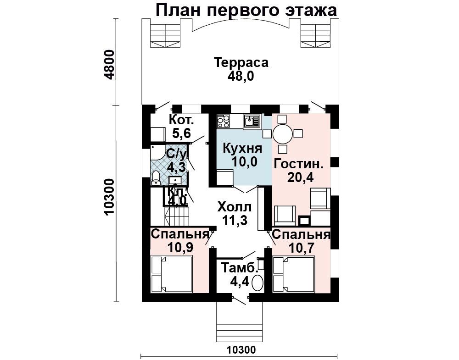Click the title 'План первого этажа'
pyautogui.click(x=246, y=11)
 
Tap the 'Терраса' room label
pyautogui.click(x=241, y=62)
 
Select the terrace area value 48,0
pyautogui.click(x=241, y=76)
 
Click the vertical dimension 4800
pyautogui.click(x=109, y=65)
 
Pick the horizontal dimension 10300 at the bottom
pyautogui.click(x=241, y=349)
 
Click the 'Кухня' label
pyautogui.click(x=242, y=149)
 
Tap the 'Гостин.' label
pyautogui.click(x=299, y=164)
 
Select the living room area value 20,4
pyautogui.click(x=300, y=177)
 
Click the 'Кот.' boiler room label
pyautogui.click(x=181, y=120)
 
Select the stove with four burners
pyautogui.click(x=223, y=121)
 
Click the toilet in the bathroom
pyautogui.click(x=156, y=178)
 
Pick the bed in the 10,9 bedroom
pyautogui.click(x=172, y=274)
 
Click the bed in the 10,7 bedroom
pyautogui.click(x=294, y=274)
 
